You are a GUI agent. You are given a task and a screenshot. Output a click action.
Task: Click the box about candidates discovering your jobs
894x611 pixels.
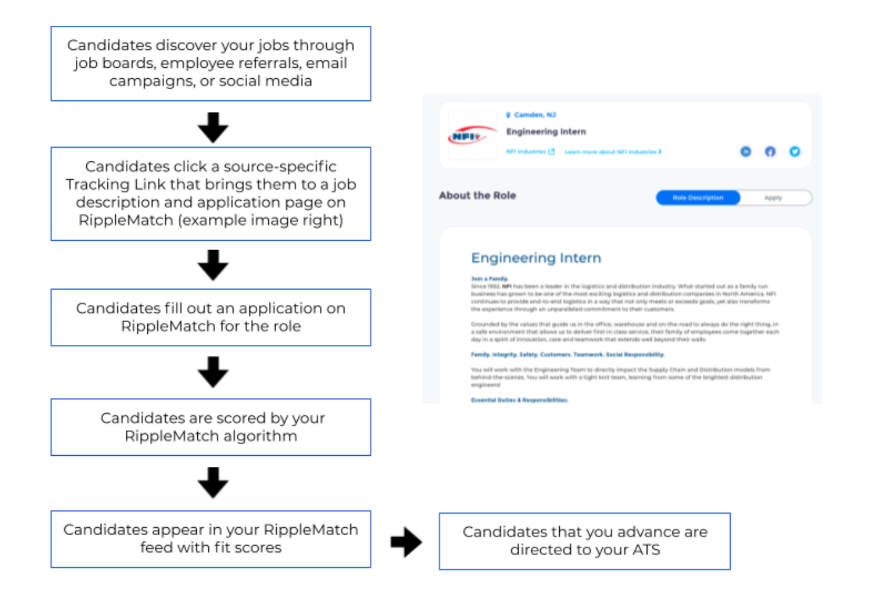pos(210,63)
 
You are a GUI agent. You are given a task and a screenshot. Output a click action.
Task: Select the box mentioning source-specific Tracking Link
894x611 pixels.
pos(210,193)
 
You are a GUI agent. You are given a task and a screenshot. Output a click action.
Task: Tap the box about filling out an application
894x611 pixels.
pos(210,317)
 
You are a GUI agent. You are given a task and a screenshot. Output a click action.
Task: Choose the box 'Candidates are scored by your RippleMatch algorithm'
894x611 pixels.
pos(210,427)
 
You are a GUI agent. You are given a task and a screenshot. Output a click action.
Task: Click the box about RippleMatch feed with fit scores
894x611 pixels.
pos(210,539)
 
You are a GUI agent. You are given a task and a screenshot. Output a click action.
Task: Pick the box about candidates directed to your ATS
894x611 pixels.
pos(584,541)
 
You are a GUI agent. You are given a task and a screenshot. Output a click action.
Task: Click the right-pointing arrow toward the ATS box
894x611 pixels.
pos(406,542)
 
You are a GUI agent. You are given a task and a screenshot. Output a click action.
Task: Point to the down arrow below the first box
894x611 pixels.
pos(213,128)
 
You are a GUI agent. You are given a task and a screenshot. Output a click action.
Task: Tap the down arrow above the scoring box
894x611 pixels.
pos(213,372)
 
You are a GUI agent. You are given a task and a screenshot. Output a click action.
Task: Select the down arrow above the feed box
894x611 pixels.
pos(213,483)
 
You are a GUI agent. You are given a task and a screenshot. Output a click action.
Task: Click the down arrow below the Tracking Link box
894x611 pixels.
pos(213,265)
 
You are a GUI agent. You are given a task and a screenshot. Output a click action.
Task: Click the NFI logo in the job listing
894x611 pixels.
pos(472,136)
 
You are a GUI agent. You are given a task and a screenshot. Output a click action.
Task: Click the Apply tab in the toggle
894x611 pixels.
pos(773,198)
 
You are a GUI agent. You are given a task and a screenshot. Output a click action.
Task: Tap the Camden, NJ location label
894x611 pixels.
pos(534,115)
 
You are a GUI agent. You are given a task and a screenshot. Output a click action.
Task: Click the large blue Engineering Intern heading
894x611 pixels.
pos(536,258)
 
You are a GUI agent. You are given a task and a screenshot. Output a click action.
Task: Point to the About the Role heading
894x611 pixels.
pos(477,196)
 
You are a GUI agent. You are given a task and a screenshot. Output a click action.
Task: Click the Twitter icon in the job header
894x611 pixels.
pos(794,152)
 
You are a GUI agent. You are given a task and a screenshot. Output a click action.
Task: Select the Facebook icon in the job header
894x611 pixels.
pos(770,152)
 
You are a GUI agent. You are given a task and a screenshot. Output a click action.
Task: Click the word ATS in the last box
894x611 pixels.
pos(646,550)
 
